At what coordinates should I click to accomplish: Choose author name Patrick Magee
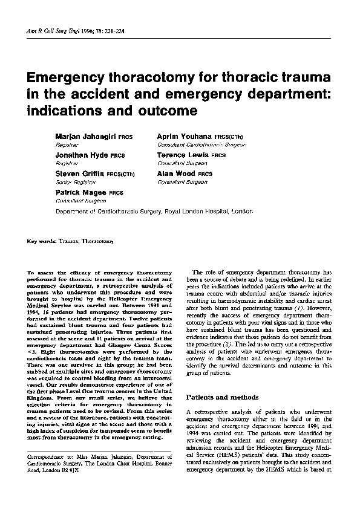(80, 192)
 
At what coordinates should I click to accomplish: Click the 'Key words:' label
(41, 242)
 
